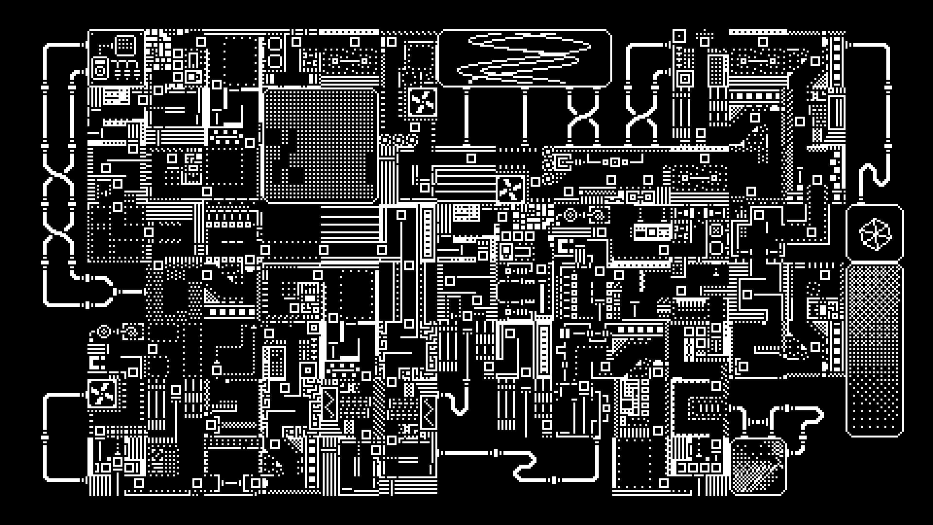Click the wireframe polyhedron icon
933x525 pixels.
(x=875, y=233)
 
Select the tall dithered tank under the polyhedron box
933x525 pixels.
(x=875, y=350)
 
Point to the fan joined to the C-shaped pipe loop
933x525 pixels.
(x=102, y=393)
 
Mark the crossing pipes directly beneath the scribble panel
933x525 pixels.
(x=583, y=117)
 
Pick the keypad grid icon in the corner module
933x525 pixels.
(x=125, y=45)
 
